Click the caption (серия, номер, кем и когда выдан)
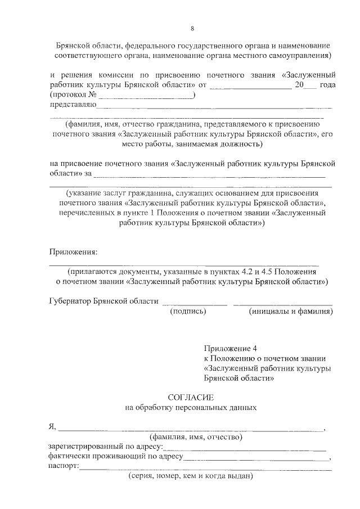189,476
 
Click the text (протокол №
70,95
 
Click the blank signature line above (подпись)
195,304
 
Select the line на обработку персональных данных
191,407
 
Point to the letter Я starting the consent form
52,427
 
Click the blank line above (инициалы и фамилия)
283,304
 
